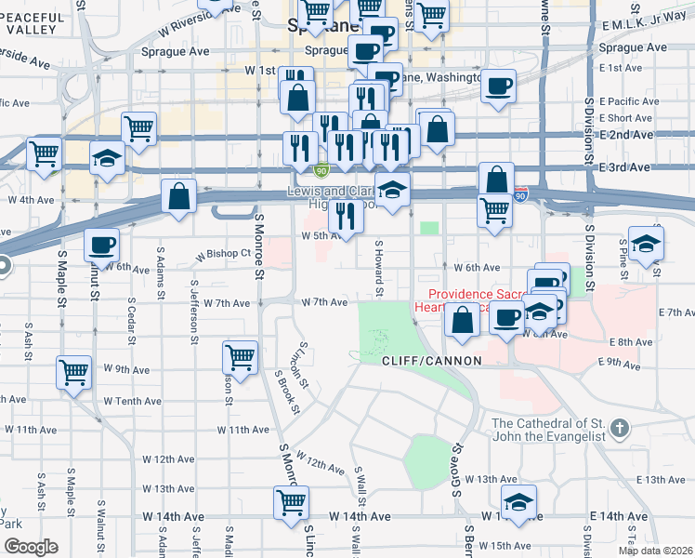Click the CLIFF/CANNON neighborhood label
click(431, 360)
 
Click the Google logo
click(30, 547)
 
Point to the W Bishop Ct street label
click(223, 253)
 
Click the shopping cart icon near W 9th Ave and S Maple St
click(74, 371)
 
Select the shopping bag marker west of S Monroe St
click(178, 195)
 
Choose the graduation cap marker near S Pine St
click(647, 243)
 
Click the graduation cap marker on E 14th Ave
click(518, 500)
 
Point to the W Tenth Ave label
click(132, 401)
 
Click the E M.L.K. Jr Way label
click(647, 24)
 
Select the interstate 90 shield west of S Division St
click(520, 197)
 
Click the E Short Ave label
click(626, 118)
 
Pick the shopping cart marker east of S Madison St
click(241, 356)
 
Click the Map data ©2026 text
click(656, 550)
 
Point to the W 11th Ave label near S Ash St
click(31, 430)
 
